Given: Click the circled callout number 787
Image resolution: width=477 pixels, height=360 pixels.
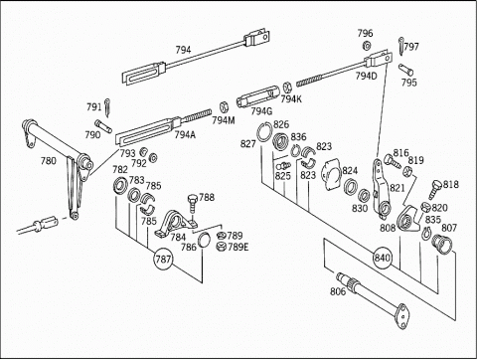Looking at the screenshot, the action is click(163, 259).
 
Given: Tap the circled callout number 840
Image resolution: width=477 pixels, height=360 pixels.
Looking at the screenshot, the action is click(383, 258).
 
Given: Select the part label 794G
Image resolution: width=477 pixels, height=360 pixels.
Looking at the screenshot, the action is click(261, 111).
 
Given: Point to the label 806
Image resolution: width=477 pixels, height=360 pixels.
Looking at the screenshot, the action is click(338, 291).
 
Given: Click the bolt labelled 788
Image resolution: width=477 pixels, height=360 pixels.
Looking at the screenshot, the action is click(193, 205).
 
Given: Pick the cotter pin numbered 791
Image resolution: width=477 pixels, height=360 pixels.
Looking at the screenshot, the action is click(108, 107).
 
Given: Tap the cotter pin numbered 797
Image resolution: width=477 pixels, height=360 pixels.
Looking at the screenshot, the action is click(401, 47).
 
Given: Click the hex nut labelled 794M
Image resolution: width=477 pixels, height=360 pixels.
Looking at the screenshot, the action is click(225, 106).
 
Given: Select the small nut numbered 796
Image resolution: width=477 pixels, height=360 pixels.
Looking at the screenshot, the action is click(367, 46).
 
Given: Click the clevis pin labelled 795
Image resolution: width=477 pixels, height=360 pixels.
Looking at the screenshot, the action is click(405, 70).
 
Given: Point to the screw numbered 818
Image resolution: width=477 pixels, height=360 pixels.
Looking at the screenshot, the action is click(434, 189).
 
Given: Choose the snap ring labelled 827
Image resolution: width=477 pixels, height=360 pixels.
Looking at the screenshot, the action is click(264, 132).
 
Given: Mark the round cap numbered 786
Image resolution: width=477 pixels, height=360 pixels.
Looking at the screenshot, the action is click(204, 241).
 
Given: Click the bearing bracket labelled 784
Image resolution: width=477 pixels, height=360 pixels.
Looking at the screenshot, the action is click(175, 224).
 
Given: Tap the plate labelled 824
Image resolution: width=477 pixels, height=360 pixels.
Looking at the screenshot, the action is click(332, 176).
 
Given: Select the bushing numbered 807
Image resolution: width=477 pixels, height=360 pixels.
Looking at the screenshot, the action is click(442, 244).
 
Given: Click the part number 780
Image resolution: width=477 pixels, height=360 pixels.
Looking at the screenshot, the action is click(49, 161).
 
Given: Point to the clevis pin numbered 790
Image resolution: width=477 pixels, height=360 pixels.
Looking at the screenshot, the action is click(103, 126).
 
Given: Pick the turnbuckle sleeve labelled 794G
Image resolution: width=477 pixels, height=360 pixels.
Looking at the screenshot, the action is click(257, 96).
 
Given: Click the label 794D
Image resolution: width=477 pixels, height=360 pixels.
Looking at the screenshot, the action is click(367, 76).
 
